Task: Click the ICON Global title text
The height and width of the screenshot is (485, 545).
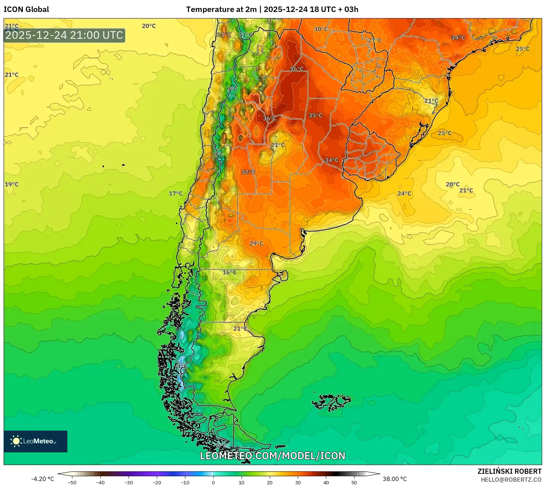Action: click(x=26, y=9)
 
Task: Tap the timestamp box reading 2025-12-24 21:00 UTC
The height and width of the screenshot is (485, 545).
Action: click(x=64, y=36)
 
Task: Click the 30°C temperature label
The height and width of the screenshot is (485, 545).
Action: click(x=320, y=29)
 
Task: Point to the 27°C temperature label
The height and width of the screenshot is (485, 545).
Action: click(x=374, y=40)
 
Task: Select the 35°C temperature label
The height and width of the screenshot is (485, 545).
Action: click(x=315, y=115)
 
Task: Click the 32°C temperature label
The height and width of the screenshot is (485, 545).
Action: click(x=248, y=172)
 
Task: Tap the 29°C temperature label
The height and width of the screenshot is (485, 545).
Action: click(x=256, y=243)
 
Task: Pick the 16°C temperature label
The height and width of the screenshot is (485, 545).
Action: click(x=229, y=272)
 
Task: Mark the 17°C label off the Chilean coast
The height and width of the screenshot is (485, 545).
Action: click(x=176, y=194)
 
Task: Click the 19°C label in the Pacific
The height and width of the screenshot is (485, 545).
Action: click(x=12, y=184)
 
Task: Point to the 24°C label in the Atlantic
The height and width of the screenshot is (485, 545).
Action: click(x=404, y=194)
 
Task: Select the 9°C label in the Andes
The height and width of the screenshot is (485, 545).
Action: click(x=232, y=89)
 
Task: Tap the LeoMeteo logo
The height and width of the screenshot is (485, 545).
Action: click(x=35, y=441)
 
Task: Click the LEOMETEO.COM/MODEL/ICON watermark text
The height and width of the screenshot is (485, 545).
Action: click(x=272, y=456)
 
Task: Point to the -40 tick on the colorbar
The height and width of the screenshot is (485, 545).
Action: click(x=100, y=482)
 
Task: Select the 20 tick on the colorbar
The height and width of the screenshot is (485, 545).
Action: click(x=269, y=482)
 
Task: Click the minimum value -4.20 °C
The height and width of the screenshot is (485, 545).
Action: click(x=42, y=479)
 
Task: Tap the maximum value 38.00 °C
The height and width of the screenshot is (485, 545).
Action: click(x=395, y=479)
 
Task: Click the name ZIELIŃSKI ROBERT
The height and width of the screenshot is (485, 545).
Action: click(x=509, y=471)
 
